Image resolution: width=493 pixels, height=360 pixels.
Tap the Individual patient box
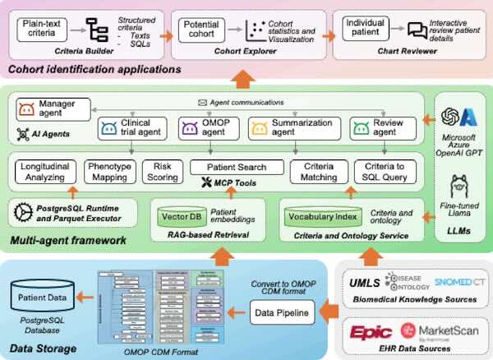click(x=366, y=30)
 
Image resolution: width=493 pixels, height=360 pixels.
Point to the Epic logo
click(x=371, y=333)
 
